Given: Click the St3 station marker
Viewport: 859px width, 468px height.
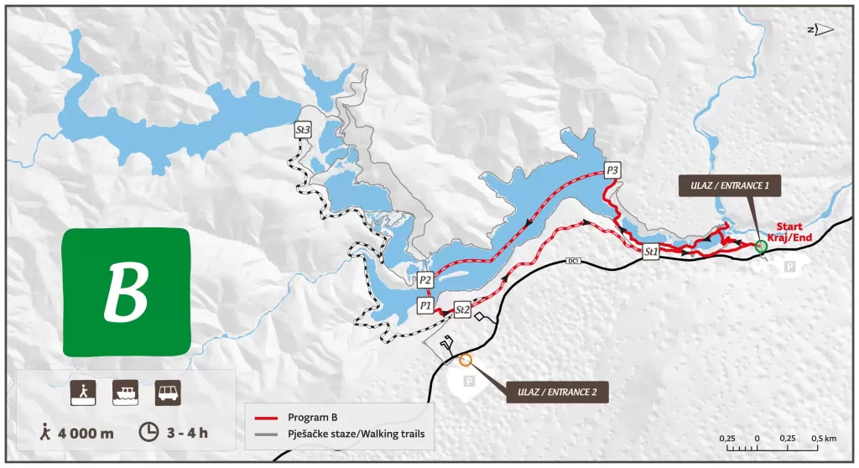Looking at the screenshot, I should click(304, 131).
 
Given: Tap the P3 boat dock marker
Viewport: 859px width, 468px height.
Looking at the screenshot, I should click(612, 171).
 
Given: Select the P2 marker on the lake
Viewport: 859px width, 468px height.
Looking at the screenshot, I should click(425, 280).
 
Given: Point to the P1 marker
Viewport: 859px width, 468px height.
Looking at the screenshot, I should click(425, 306).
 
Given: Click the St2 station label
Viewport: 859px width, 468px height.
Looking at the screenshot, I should click(461, 309).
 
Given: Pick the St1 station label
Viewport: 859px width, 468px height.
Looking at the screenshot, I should click(651, 251).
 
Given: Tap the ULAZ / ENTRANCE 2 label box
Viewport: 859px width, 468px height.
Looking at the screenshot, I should click(556, 391).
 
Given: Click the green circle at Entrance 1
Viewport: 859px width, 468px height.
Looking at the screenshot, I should click(761, 246).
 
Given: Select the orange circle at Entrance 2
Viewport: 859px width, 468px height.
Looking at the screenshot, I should click(466, 361).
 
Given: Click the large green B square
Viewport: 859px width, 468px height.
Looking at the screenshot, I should click(128, 291).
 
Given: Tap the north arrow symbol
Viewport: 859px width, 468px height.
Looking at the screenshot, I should click(822, 30).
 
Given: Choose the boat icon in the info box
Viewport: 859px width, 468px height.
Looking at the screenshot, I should click(125, 392).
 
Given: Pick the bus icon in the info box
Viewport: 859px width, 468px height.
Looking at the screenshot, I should click(166, 392).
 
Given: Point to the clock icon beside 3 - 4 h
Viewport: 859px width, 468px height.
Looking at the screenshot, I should click(148, 432).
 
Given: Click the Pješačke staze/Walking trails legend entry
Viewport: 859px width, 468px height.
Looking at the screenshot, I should click(344, 434).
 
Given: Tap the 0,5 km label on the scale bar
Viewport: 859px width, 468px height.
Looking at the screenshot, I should click(824, 439).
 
